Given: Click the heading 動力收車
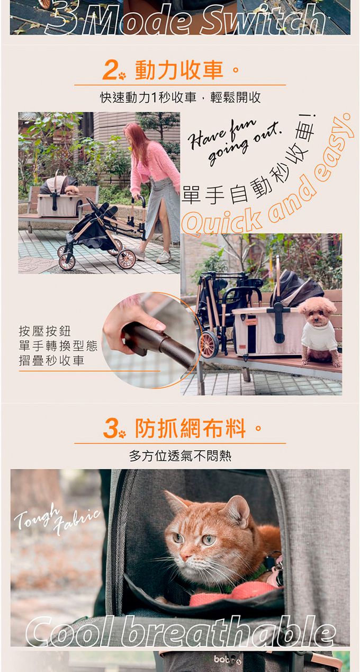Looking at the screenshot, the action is point(179,70).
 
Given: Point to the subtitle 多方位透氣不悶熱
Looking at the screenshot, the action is point(181,456).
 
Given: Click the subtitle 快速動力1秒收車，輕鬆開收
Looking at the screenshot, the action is point(181,97).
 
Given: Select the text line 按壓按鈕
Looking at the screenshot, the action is point(44,331).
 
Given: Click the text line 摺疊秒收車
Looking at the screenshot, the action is point(51,360).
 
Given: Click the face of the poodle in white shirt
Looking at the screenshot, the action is point(317,314).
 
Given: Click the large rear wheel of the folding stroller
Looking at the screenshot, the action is point(127,258).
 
